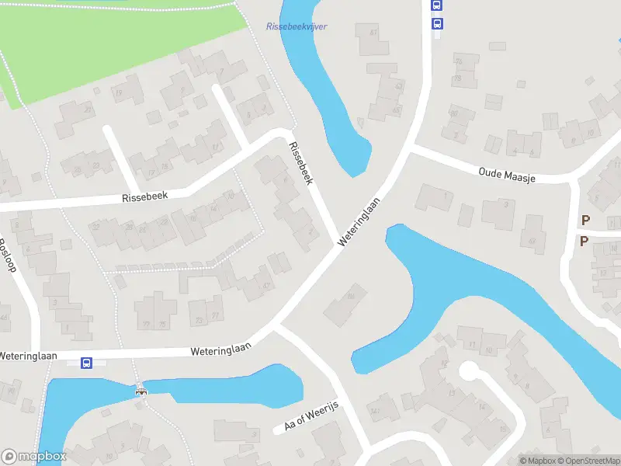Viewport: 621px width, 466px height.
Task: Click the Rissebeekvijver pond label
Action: coord(297,26)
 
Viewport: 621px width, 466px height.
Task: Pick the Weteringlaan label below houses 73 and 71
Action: coord(221,351)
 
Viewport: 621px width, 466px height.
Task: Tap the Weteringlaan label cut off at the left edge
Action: coord(25,356)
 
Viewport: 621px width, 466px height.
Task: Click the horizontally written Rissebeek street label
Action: coord(146,196)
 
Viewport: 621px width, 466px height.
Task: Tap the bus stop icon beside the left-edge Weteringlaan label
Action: coord(86,363)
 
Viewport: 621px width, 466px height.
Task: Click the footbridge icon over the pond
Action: coord(141,390)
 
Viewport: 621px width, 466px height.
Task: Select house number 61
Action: coord(373,32)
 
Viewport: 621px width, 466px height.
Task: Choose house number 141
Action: coord(374,409)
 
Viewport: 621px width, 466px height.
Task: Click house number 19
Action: coord(118,93)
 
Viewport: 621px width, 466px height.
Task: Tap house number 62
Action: coord(532,241)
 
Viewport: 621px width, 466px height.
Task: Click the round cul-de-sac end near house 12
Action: coord(468,371)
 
